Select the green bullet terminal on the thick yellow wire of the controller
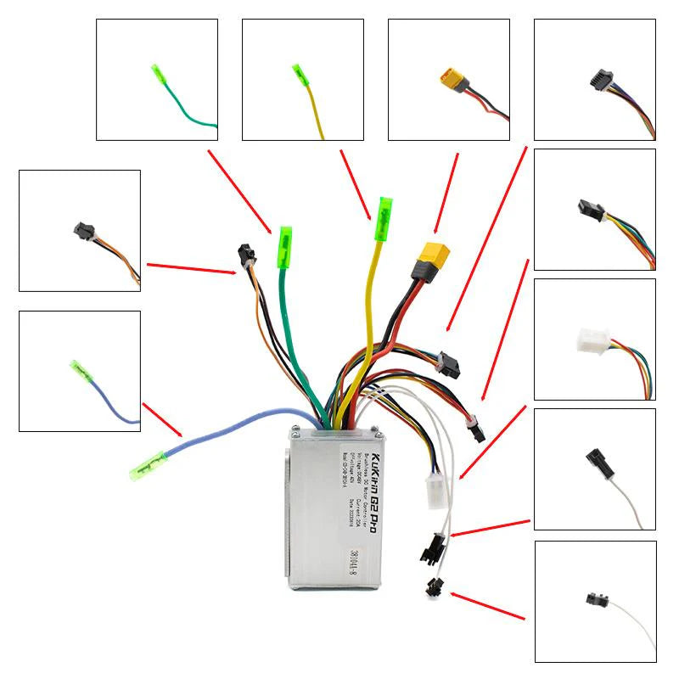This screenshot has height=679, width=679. coord(384,218)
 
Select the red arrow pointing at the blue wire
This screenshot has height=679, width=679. coord(162,420)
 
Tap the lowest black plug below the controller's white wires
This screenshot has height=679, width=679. coord(435,586)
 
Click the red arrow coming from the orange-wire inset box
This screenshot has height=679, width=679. coord(191,268)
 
